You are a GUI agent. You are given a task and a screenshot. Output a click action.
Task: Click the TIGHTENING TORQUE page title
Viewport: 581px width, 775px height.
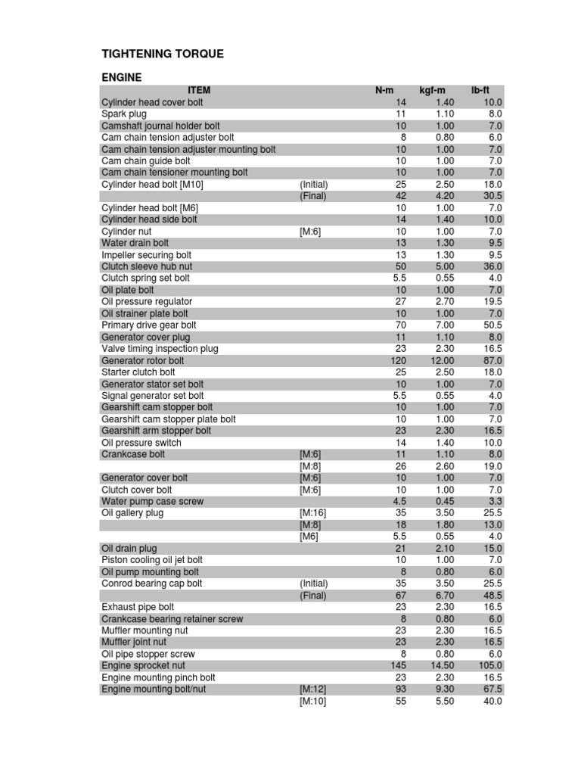(163, 54)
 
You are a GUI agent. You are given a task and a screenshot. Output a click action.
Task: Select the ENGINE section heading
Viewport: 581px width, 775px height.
(122, 77)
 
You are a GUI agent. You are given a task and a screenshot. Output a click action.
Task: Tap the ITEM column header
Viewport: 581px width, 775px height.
(199, 90)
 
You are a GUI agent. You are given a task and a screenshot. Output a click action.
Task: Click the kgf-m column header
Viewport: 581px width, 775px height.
(433, 90)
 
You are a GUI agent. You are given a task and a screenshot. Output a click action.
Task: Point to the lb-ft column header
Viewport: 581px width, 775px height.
(480, 90)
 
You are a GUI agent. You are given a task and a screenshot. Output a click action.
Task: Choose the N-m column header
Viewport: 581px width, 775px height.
(384, 90)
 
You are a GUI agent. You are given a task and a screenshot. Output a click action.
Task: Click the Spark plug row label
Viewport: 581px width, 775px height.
(124, 114)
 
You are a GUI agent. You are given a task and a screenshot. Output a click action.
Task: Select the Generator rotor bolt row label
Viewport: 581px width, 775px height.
(143, 360)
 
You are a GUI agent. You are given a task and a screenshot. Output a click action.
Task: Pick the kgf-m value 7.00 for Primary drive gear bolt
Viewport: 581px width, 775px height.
(445, 325)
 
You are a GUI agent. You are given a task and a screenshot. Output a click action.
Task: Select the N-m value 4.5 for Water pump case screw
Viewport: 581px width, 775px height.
(400, 501)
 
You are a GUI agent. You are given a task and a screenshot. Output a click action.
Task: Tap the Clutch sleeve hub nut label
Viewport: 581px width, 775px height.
(147, 266)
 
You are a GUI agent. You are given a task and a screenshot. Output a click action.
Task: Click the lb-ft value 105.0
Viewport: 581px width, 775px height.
(488, 666)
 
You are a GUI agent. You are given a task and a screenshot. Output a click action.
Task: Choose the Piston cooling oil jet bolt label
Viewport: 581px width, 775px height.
(152, 560)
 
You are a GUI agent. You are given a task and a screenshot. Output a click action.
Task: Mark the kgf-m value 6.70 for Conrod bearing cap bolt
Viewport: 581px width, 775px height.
(445, 596)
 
